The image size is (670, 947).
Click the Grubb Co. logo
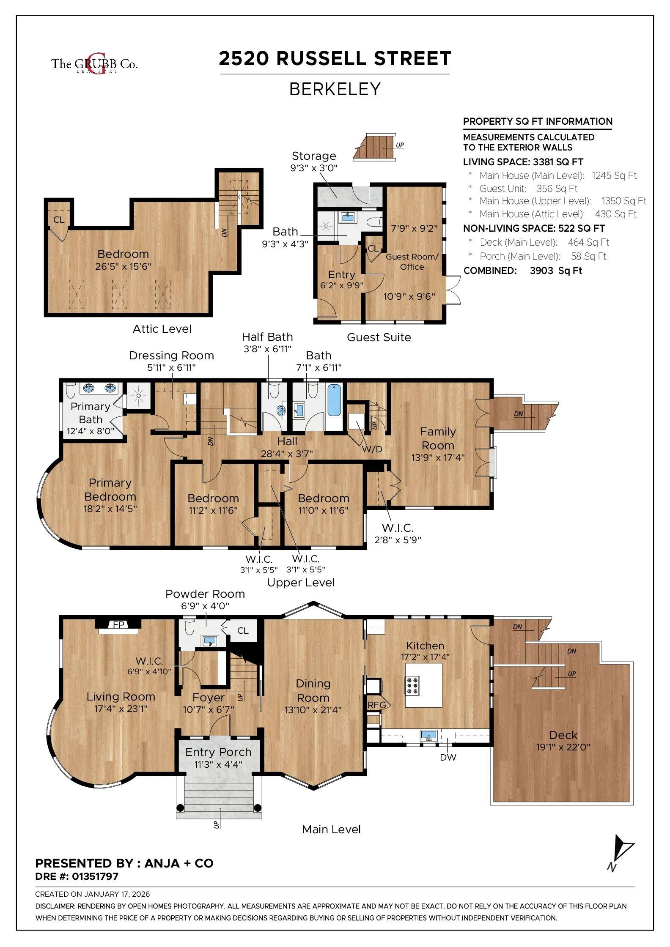(94, 63)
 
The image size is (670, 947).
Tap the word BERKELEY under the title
(335, 89)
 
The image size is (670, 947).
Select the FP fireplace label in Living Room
(118, 625)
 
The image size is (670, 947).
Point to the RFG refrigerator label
(376, 705)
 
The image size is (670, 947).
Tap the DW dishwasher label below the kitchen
(448, 757)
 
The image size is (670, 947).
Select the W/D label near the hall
(372, 449)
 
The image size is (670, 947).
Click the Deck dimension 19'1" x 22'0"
(563, 747)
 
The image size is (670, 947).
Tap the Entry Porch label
(218, 752)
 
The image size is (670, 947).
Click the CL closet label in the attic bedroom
(59, 220)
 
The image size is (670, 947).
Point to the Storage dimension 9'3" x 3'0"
(313, 168)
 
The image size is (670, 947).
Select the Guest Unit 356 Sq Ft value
(557, 189)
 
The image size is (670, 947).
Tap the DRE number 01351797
(95, 876)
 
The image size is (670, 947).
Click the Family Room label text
(438, 438)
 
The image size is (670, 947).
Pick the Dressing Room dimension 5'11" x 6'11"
(171, 367)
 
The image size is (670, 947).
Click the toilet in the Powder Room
(189, 628)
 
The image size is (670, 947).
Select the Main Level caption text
(331, 829)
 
